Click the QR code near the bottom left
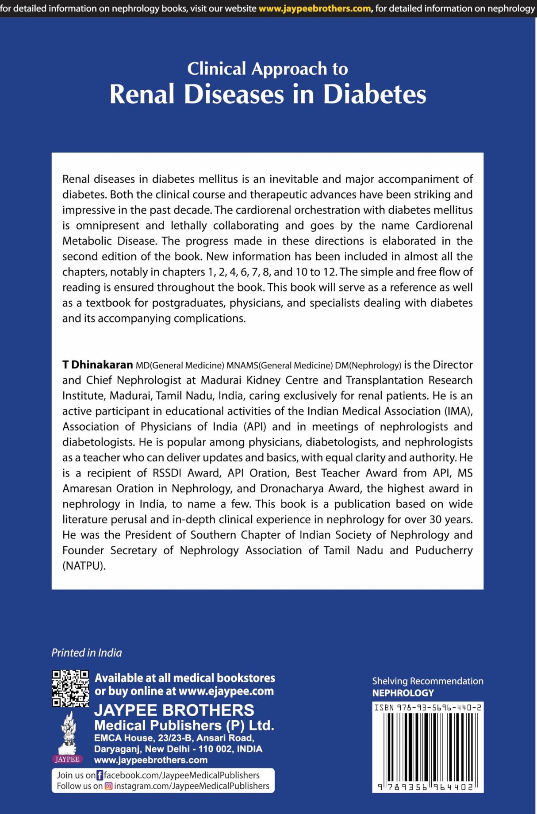70,688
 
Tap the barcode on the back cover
428,748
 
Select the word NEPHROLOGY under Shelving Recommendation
403,693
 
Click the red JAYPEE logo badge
68,759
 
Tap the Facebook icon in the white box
100,775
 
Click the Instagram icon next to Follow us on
108,786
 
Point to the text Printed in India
87,653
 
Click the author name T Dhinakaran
97,365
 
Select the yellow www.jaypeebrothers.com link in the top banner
315,8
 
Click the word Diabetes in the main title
374,94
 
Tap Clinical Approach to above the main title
268,69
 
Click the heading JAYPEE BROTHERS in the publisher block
174,710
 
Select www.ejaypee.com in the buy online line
226,691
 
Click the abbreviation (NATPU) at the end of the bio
84,565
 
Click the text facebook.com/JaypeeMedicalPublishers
181,775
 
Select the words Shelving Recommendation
427,681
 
